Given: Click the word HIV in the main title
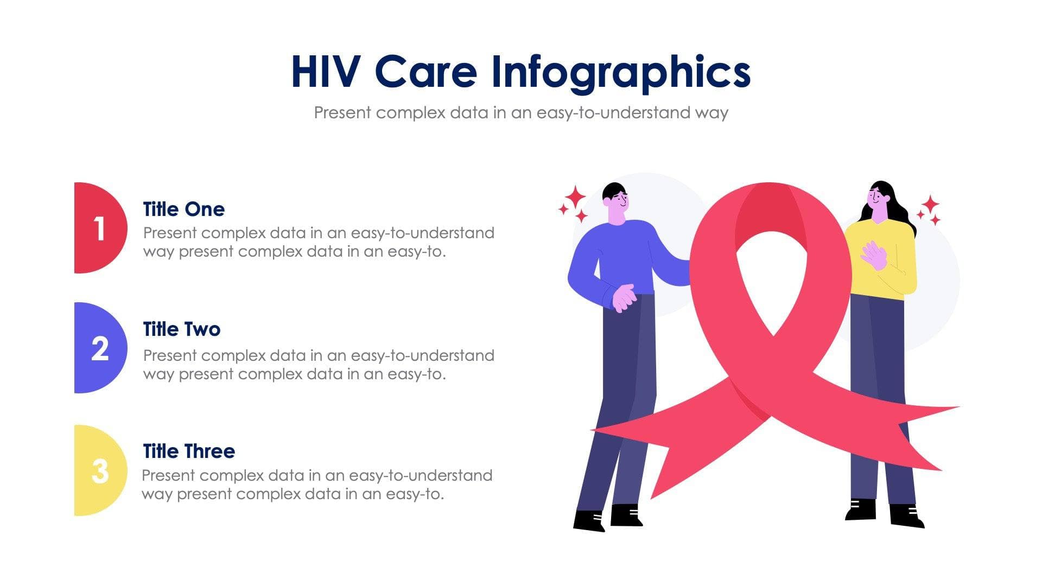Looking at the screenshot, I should click(x=326, y=72).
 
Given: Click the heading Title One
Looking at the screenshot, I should click(x=183, y=209).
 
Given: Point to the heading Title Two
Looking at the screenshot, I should click(x=181, y=329).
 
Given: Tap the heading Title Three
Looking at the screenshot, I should click(x=188, y=451).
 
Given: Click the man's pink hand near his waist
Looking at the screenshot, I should click(x=624, y=297).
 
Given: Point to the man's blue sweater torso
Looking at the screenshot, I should click(x=624, y=255).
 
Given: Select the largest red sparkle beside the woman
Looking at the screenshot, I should click(x=930, y=205).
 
